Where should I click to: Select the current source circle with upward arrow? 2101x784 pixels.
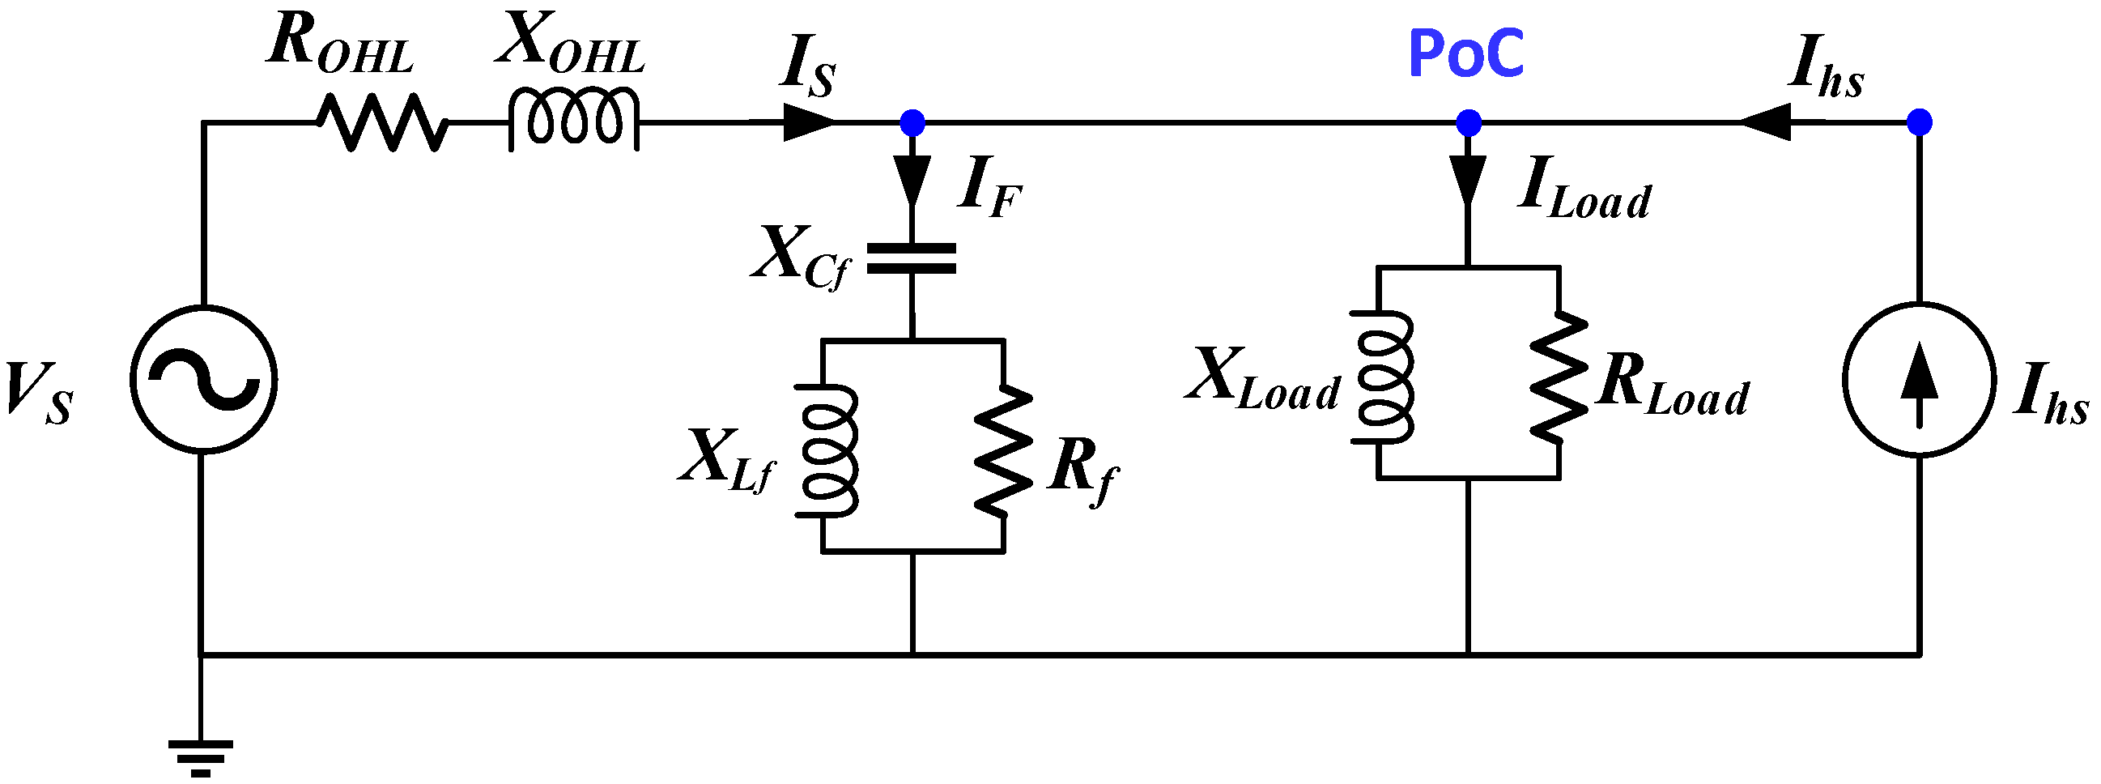pos(1919,379)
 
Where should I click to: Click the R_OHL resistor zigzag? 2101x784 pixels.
pos(381,122)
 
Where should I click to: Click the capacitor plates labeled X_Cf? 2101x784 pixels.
pos(911,258)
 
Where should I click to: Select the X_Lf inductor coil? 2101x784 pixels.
pos(827,450)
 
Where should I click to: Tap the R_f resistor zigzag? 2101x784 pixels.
pos(1003,450)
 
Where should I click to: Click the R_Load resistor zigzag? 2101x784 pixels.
pos(1559,377)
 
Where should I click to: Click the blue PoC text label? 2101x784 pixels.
pos(1465,53)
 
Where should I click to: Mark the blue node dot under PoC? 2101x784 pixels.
pos(1468,123)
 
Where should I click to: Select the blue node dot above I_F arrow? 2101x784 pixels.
pos(912,123)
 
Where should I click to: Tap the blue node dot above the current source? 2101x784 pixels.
pos(1919,123)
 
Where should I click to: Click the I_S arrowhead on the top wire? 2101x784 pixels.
pos(807,123)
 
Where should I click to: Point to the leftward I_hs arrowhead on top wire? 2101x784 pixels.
pos(1767,123)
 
